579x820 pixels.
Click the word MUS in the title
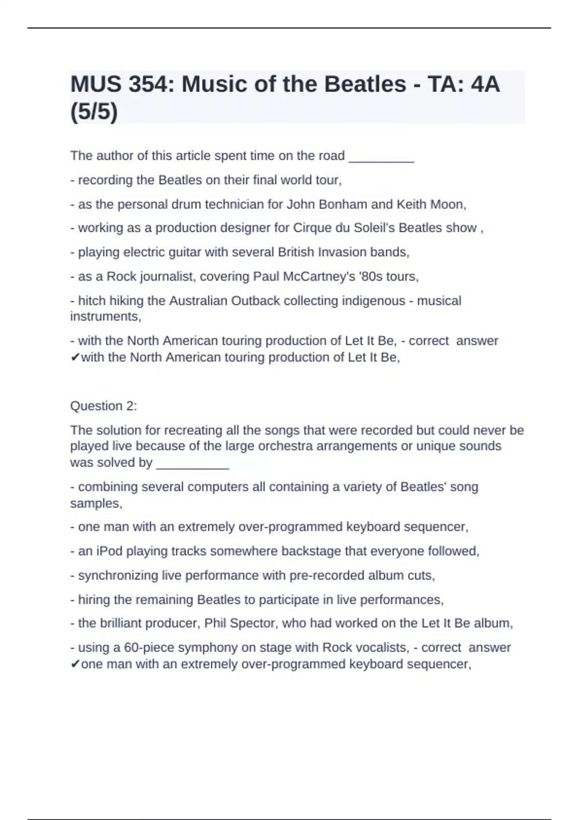point(96,84)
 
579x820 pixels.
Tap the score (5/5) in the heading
point(94,112)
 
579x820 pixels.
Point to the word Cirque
point(312,228)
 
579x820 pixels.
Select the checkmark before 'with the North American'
point(75,357)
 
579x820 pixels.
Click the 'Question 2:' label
point(103,406)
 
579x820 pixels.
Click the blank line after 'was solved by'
point(193,464)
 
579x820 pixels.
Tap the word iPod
point(109,551)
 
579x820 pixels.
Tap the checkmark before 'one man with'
point(75,664)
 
